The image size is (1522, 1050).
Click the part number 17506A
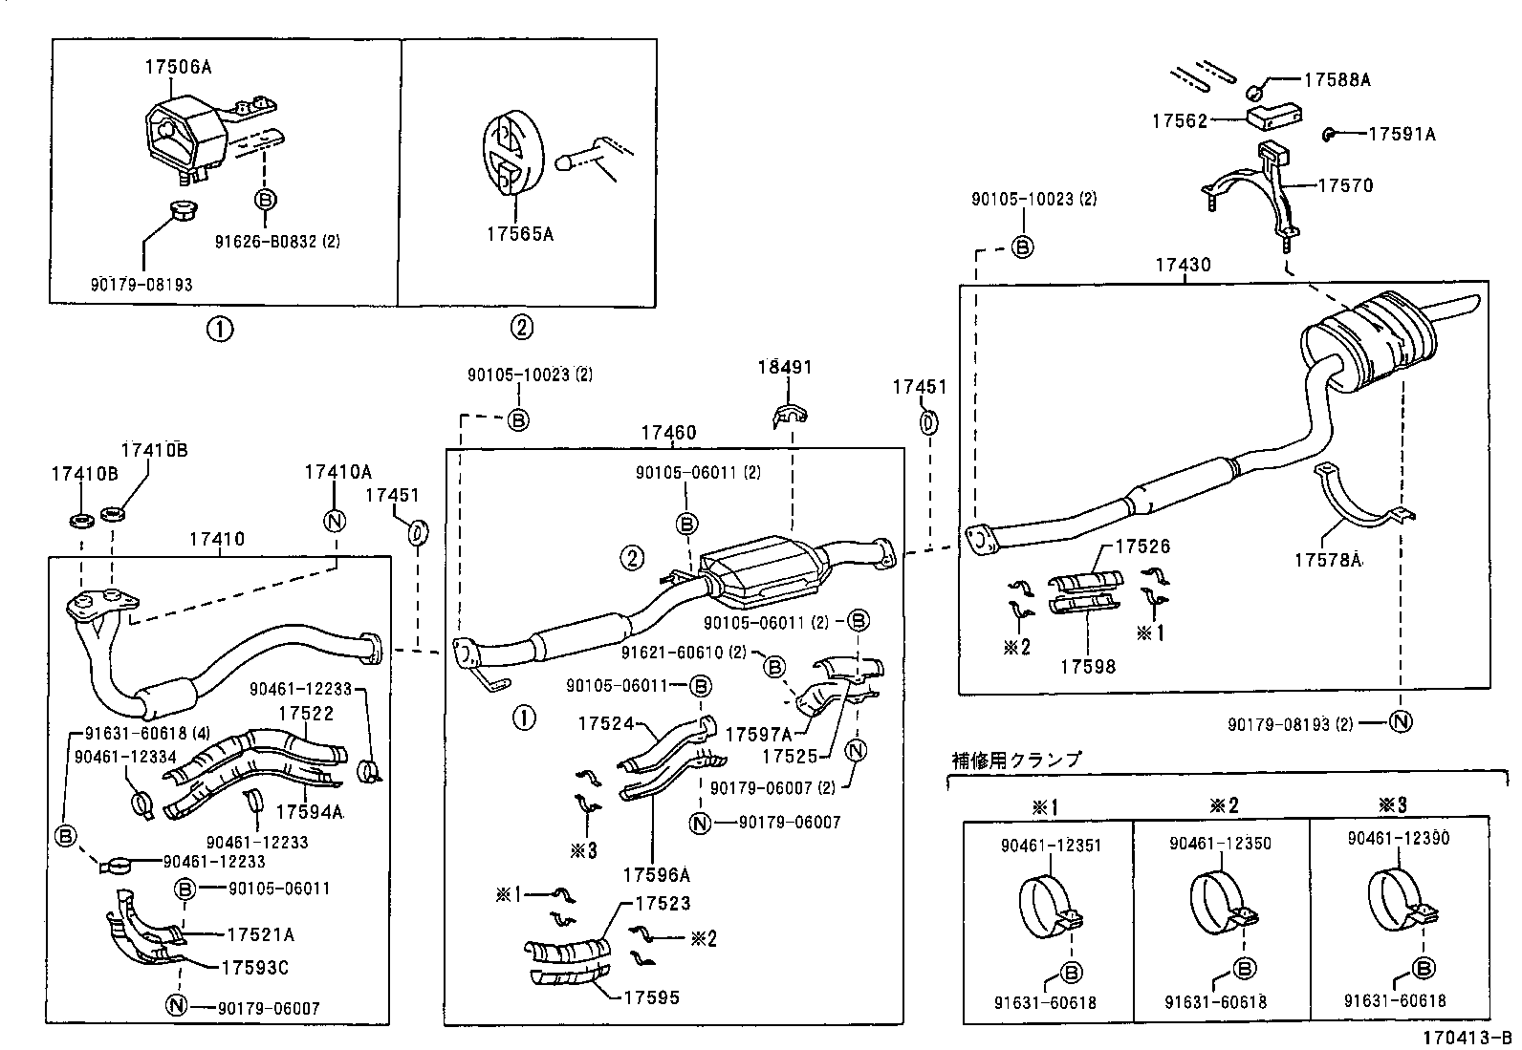(x=178, y=67)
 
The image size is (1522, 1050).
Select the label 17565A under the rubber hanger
(x=520, y=233)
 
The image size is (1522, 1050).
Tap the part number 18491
(x=785, y=368)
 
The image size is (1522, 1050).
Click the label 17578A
(x=1328, y=561)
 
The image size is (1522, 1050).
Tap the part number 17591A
(x=1402, y=135)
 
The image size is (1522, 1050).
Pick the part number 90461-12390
(x=1398, y=839)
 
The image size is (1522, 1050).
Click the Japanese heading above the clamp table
(x=1016, y=760)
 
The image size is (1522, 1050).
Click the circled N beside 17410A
(x=335, y=521)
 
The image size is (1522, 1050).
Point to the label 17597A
(x=758, y=734)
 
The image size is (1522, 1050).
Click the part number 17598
(x=1087, y=666)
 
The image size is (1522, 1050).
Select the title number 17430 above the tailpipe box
(x=1183, y=265)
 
